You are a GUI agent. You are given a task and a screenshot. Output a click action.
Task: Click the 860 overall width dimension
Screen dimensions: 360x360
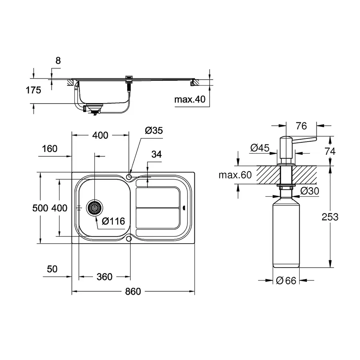[133, 292]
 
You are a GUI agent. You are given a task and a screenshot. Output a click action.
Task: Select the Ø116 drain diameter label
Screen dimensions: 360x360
[114, 221]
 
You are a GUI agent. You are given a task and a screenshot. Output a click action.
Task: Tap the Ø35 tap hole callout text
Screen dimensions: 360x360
[154, 130]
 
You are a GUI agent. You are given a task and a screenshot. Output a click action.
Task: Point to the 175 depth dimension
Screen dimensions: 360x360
[34, 90]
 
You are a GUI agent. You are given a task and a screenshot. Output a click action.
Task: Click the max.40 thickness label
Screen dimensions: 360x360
[189, 99]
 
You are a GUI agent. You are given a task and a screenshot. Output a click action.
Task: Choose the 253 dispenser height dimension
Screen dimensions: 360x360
[330, 217]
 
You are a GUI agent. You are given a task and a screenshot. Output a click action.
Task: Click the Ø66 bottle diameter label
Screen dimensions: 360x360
[286, 281]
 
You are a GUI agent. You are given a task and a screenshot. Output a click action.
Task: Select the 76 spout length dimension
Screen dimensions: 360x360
[301, 126]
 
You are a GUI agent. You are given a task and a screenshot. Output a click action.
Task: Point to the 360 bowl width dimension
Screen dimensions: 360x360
[104, 277]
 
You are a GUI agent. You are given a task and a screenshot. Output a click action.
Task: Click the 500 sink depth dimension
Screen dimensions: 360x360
[41, 208]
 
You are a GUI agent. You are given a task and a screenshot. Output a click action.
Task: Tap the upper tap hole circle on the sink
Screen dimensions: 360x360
[129, 176]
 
